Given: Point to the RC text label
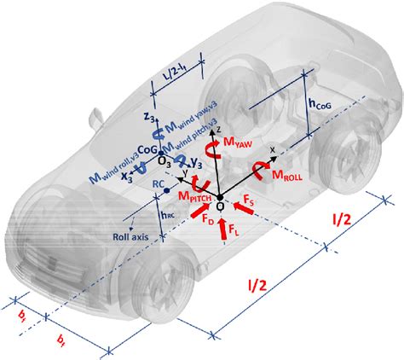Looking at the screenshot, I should pyautogui.click(x=158, y=183).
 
